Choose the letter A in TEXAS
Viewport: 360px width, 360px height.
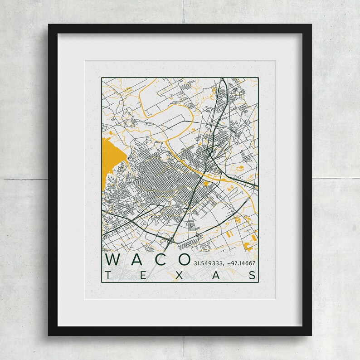tap(217, 275)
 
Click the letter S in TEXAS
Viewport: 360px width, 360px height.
tap(252, 275)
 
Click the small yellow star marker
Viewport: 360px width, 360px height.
tap(207, 183)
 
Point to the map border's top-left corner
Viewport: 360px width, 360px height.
tap(102, 78)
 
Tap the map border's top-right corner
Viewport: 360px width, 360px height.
tap(258, 78)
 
